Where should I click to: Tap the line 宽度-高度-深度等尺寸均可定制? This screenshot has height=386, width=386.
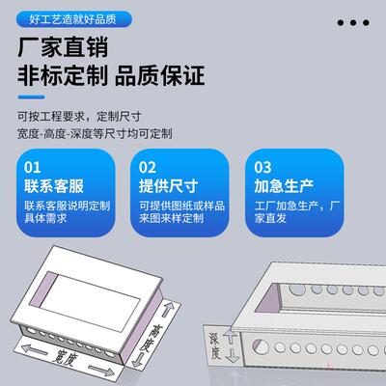click(x=94, y=134)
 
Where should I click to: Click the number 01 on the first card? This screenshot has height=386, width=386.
click(x=32, y=167)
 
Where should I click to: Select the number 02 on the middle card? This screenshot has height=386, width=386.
click(x=147, y=167)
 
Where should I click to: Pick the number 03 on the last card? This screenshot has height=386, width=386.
click(x=262, y=167)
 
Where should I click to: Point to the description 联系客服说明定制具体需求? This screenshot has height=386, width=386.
click(x=67, y=212)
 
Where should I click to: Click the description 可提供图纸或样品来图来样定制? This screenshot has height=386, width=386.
click(x=183, y=212)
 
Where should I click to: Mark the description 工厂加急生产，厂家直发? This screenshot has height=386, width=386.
click(x=298, y=212)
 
